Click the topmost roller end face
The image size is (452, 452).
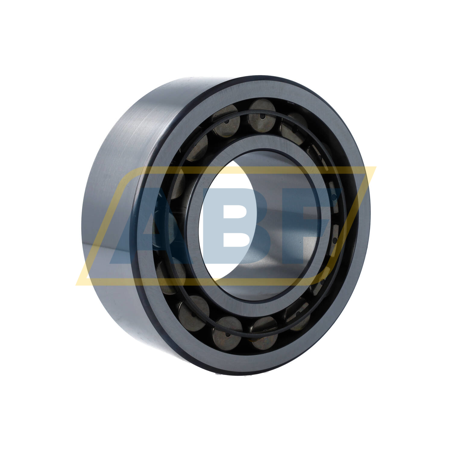pyautogui.click(x=262, y=111)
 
